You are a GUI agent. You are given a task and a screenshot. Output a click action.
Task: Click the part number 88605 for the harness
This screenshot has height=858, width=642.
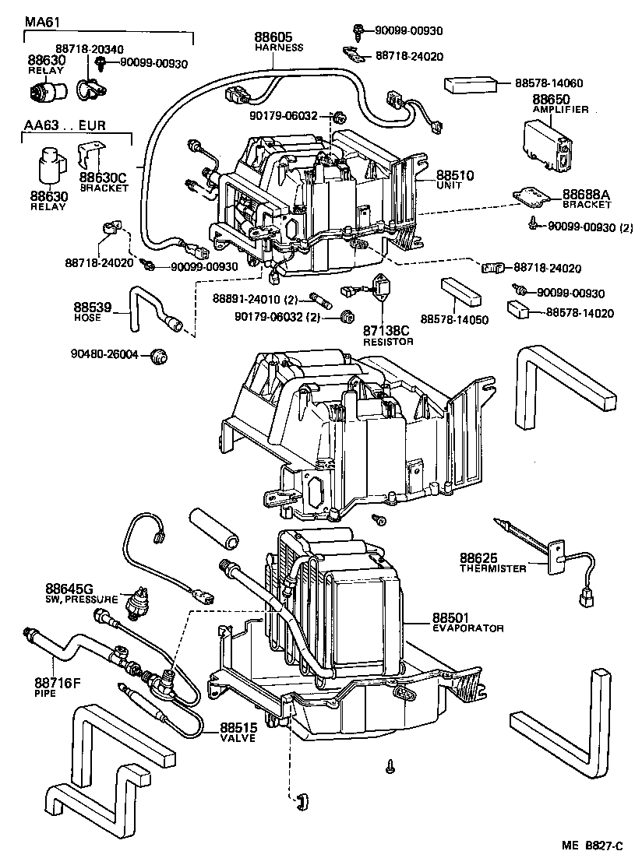272,37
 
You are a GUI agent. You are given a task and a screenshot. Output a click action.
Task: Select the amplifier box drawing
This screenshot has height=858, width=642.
545,148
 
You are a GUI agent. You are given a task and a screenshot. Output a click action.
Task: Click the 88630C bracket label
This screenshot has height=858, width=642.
97,178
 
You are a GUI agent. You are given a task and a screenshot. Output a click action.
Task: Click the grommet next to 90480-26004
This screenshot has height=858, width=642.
160,356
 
